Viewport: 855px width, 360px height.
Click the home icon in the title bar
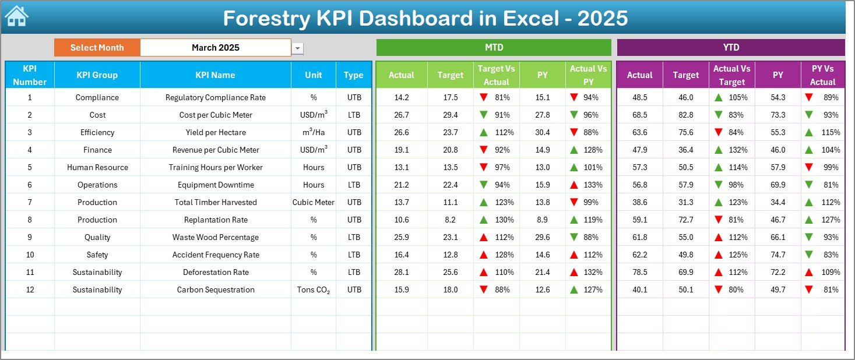click(x=16, y=17)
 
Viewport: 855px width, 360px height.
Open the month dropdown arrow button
click(x=298, y=48)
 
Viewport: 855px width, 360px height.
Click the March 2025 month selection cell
click(x=216, y=48)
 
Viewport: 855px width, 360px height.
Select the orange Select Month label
click(x=97, y=48)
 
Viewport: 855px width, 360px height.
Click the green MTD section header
click(x=494, y=47)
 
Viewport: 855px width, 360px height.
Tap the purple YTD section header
click(x=730, y=47)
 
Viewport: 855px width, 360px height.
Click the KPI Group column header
click(x=97, y=75)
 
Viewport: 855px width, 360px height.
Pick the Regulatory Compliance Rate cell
click(x=215, y=97)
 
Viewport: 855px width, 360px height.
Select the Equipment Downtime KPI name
click(x=215, y=185)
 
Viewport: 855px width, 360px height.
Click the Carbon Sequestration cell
click(x=215, y=290)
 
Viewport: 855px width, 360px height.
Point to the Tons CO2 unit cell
click(x=313, y=290)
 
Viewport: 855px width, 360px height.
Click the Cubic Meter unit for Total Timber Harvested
click(x=313, y=202)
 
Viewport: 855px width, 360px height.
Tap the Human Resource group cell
click(x=97, y=167)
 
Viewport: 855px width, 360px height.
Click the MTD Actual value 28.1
click(x=402, y=272)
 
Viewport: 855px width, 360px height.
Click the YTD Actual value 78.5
click(x=639, y=272)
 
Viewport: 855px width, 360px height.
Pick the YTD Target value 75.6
click(x=685, y=132)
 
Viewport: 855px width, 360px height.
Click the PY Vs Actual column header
click(x=822, y=75)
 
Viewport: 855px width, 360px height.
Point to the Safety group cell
click(x=97, y=255)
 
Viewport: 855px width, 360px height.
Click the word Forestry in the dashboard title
click(x=268, y=19)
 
